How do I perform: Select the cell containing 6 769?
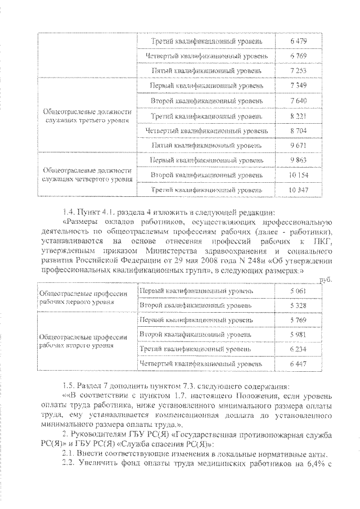click(x=297, y=57)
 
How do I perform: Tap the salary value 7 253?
click(x=297, y=72)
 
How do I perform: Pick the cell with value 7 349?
click(x=297, y=86)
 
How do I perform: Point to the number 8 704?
click(x=297, y=130)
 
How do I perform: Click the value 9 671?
click(x=297, y=145)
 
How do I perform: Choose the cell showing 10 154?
click(x=297, y=175)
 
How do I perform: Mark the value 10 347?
click(x=297, y=190)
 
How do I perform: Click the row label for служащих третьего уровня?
click(x=87, y=116)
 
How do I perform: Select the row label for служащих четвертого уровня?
click(x=87, y=175)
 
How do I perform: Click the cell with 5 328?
click(x=297, y=305)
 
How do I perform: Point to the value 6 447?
click(x=297, y=364)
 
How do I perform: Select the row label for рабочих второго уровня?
click(x=83, y=341)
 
